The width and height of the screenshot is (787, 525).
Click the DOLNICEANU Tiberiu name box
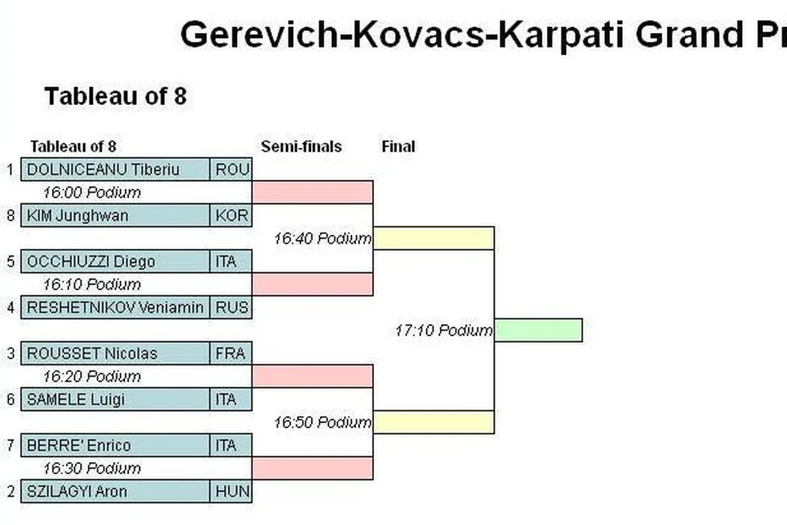pyautogui.click(x=115, y=169)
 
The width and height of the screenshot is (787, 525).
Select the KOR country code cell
pyautogui.click(x=231, y=215)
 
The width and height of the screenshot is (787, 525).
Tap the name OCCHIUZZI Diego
pyautogui.click(x=91, y=262)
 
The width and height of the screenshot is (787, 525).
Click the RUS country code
pyautogui.click(x=232, y=307)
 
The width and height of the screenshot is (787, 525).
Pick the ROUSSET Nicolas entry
pyautogui.click(x=115, y=353)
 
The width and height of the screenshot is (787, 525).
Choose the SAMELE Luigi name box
pyautogui.click(x=115, y=400)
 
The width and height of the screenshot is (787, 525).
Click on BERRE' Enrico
pyautogui.click(x=79, y=445)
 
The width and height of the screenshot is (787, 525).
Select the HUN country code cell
pyautogui.click(x=231, y=491)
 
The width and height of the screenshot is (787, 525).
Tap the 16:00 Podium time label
pyautogui.click(x=92, y=193)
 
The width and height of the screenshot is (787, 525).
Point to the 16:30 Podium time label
pyautogui.click(x=92, y=468)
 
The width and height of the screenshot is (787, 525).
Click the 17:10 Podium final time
pyautogui.click(x=444, y=331)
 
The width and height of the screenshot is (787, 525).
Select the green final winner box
pyautogui.click(x=539, y=330)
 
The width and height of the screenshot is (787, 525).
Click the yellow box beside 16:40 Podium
pyautogui.click(x=434, y=238)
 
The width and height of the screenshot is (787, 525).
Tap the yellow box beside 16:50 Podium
pyautogui.click(x=434, y=422)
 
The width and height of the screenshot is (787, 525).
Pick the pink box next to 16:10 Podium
pyautogui.click(x=313, y=284)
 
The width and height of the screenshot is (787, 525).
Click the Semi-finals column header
pyautogui.click(x=301, y=147)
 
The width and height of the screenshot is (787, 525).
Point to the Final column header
pyautogui.click(x=398, y=147)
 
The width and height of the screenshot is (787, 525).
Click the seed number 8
pyautogui.click(x=10, y=215)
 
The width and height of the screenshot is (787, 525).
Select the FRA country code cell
pyautogui.click(x=231, y=353)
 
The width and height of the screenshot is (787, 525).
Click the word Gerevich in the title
pyautogui.click(x=259, y=35)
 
